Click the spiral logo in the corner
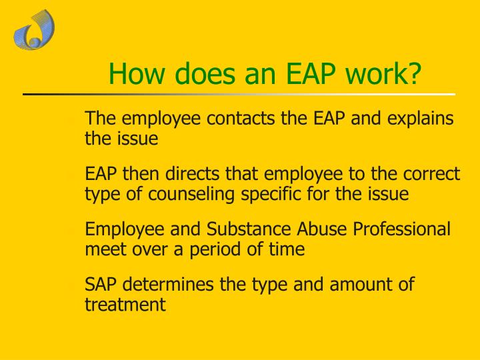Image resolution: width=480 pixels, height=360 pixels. coord(33,30)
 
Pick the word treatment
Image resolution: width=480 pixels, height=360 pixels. coord(125,305)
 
